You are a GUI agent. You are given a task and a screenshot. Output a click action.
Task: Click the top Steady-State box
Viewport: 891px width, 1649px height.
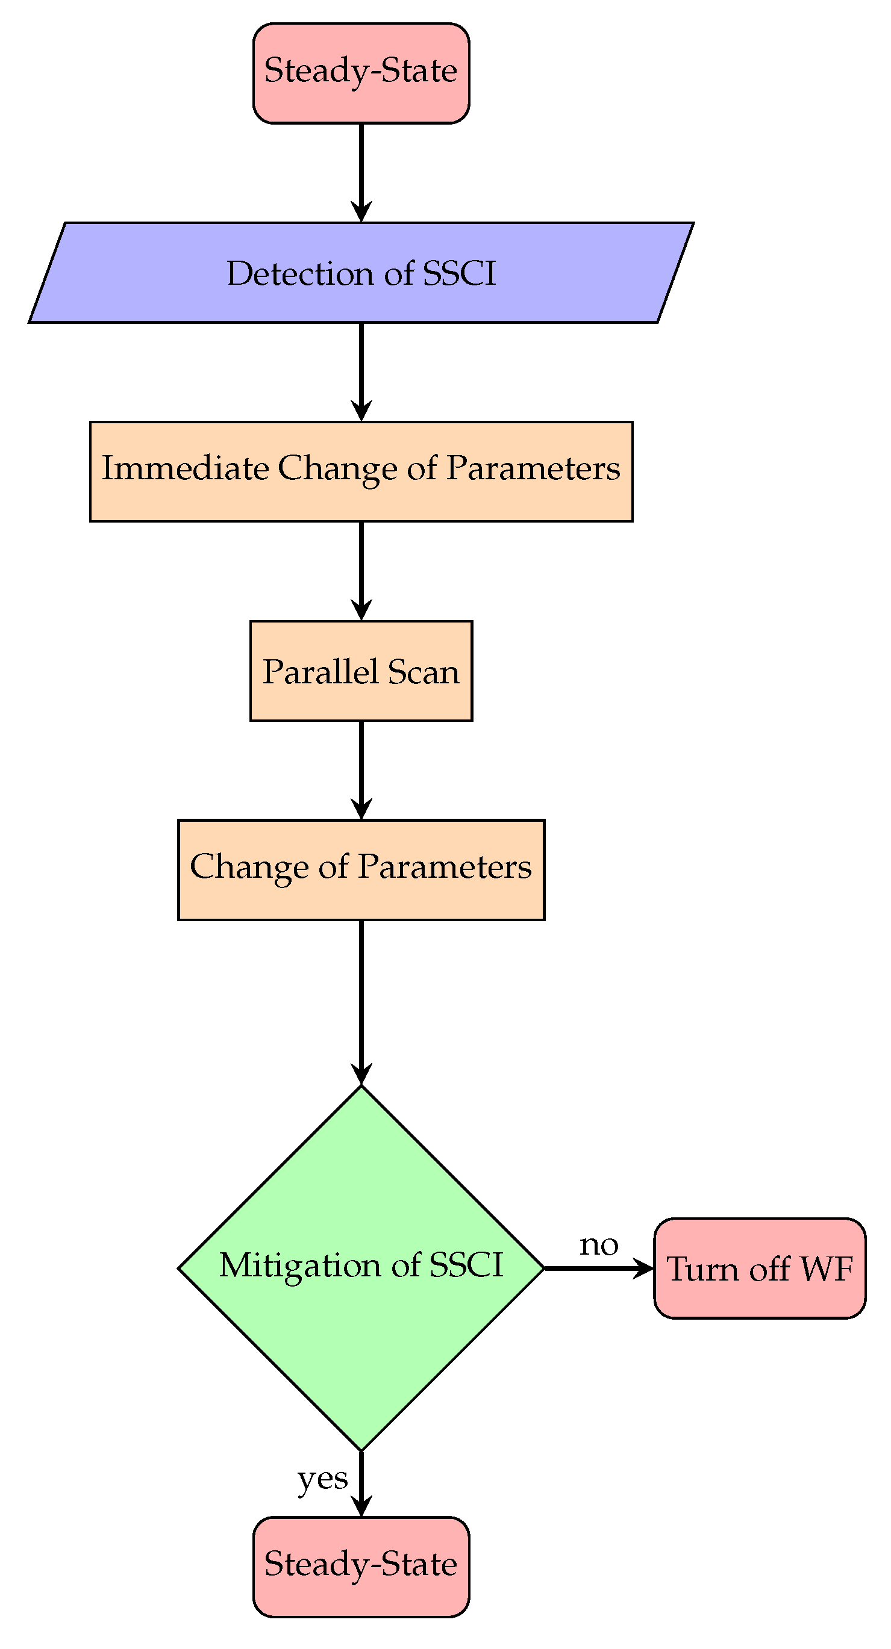[x=361, y=73]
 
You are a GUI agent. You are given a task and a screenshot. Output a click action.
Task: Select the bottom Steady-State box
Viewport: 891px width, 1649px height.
[x=361, y=1567]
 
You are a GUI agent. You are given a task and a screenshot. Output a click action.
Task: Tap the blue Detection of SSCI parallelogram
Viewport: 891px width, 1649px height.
[x=361, y=273]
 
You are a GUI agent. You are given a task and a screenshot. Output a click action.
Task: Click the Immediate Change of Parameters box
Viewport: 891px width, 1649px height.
[x=361, y=472]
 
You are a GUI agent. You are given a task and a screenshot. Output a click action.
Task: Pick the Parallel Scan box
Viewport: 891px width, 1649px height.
[x=361, y=671]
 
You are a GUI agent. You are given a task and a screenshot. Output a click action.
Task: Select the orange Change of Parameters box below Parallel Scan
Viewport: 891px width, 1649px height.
[x=361, y=870]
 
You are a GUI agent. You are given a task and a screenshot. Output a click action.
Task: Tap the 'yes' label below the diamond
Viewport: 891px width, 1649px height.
[x=323, y=1479]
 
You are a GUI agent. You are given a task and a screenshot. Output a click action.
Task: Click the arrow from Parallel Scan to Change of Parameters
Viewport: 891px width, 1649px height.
[x=361, y=768]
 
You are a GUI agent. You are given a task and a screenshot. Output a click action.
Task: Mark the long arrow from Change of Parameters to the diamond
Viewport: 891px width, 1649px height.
[x=361, y=999]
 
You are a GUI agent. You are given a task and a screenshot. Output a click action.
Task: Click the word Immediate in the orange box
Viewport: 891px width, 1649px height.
[x=185, y=468]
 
